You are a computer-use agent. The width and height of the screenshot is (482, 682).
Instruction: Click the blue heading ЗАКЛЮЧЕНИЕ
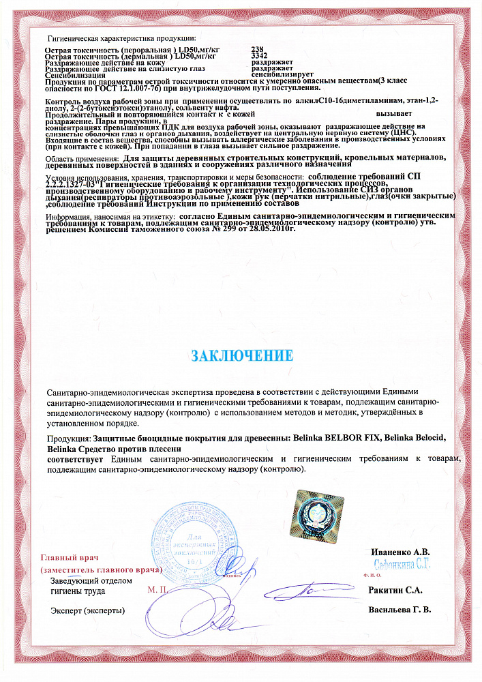pyautogui.click(x=242, y=355)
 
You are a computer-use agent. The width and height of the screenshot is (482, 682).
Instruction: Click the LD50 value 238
pyautogui.click(x=257, y=50)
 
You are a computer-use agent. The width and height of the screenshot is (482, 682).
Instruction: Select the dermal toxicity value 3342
pyautogui.click(x=259, y=56)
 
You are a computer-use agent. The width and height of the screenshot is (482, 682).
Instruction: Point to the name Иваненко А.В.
pyautogui.click(x=401, y=552)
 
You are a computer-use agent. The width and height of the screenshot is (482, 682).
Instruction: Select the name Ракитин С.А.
pyautogui.click(x=395, y=590)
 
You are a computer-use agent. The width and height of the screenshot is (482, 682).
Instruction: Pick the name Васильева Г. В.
pyautogui.click(x=400, y=609)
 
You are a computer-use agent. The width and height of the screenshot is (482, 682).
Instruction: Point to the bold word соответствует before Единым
pyautogui.click(x=73, y=460)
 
